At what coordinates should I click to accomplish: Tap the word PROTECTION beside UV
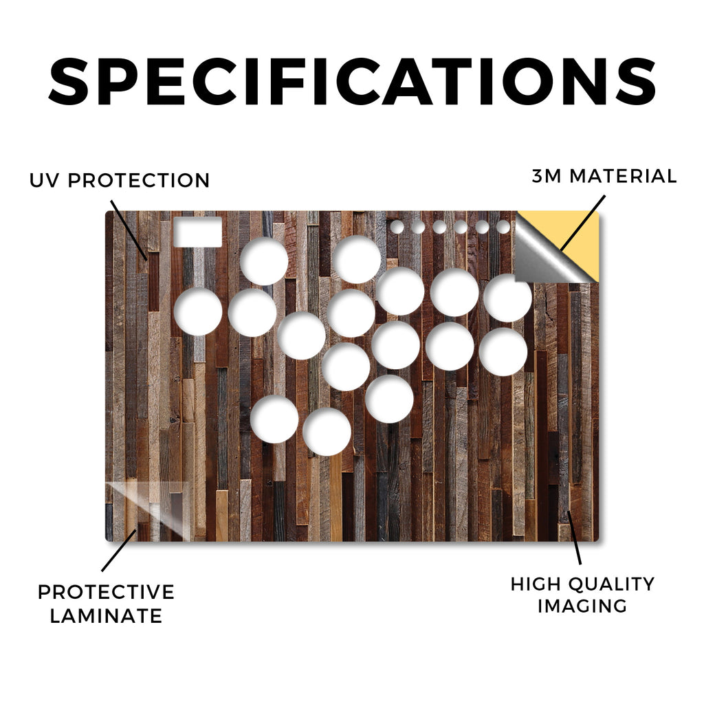pyautogui.click(x=139, y=181)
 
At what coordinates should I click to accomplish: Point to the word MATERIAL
pyautogui.click(x=623, y=176)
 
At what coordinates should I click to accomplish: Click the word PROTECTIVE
pyautogui.click(x=106, y=592)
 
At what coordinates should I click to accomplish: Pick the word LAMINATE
pyautogui.click(x=106, y=615)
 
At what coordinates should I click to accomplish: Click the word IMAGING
pyautogui.click(x=582, y=606)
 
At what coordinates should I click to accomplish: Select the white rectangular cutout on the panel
pyautogui.click(x=197, y=232)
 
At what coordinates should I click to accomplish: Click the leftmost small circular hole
pyautogui.click(x=397, y=227)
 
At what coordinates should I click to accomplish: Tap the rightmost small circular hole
pyautogui.click(x=503, y=227)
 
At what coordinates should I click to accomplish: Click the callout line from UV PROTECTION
pyautogui.click(x=129, y=230)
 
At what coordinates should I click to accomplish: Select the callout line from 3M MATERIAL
pyautogui.click(x=582, y=223)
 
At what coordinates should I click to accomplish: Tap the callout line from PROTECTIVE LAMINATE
pyautogui.click(x=119, y=551)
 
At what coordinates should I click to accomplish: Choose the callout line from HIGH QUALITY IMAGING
pyautogui.click(x=574, y=537)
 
